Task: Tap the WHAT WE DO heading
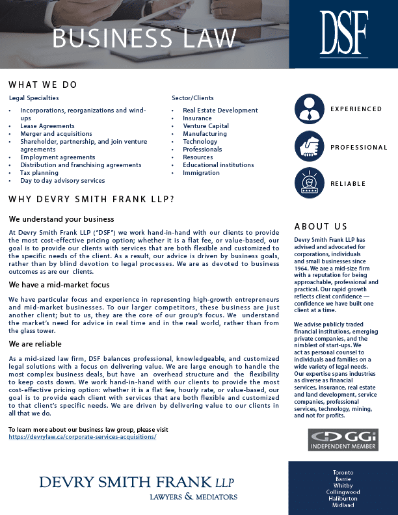[x=43, y=85]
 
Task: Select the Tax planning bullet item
[x=39, y=173]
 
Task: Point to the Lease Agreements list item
[x=47, y=126]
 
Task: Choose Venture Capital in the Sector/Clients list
[x=206, y=126]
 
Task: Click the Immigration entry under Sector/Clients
[x=201, y=173]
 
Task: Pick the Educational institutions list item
[x=218, y=165]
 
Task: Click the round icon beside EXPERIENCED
[x=310, y=109]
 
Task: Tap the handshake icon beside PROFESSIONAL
[x=310, y=146]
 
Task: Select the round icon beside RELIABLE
[x=310, y=183]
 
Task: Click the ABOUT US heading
[x=321, y=226]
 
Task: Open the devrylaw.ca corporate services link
[x=83, y=437]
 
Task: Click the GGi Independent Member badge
[x=343, y=440]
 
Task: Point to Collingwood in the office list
[x=343, y=492]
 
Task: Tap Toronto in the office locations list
[x=343, y=471]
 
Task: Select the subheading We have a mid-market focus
[x=59, y=285]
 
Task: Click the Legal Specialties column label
[x=34, y=98]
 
